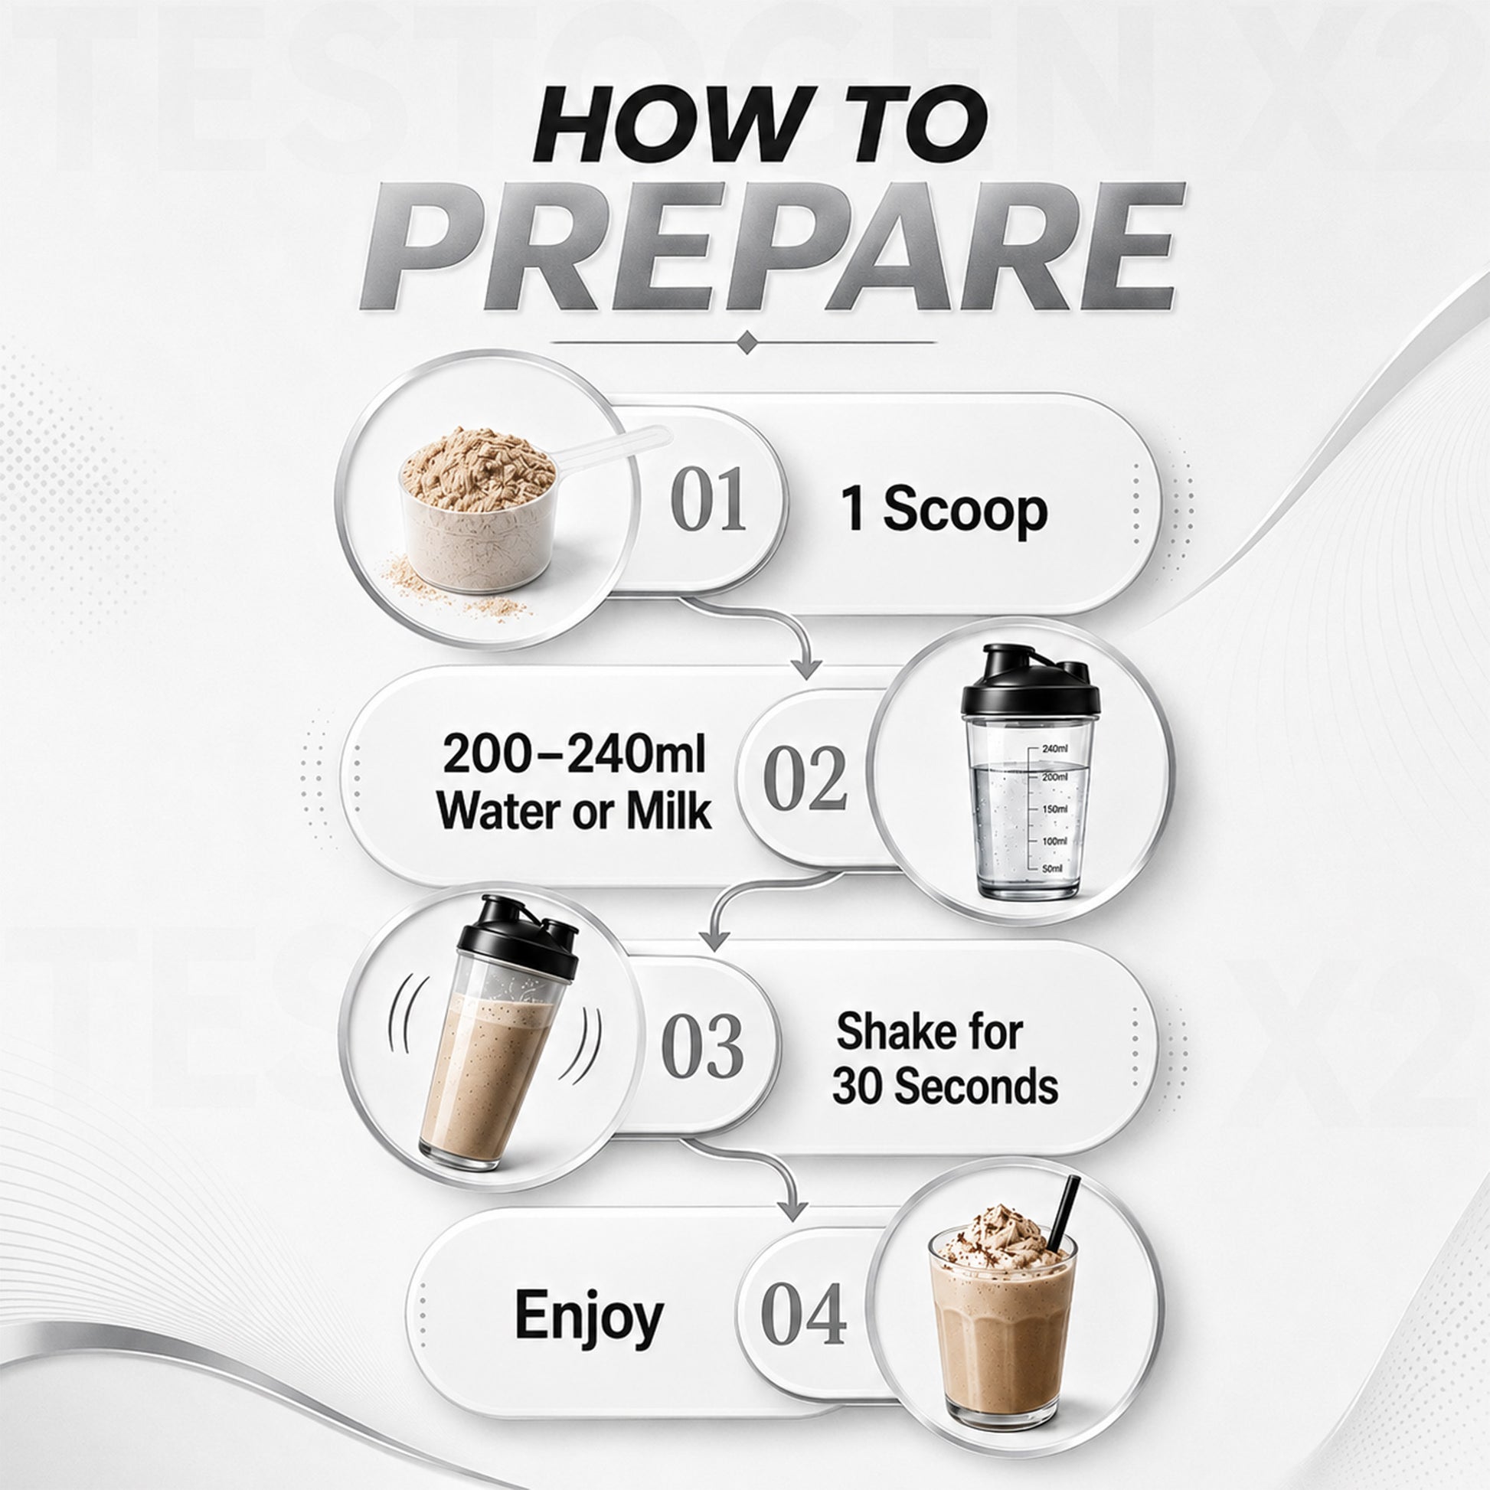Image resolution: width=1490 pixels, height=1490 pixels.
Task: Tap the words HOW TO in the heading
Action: click(x=760, y=123)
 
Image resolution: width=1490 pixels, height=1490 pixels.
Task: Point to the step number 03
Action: click(x=703, y=1047)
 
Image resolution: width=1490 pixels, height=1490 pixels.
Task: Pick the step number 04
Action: click(x=803, y=1315)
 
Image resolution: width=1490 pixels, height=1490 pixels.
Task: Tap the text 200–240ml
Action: click(x=574, y=753)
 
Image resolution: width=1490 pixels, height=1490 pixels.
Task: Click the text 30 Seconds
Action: click(x=945, y=1086)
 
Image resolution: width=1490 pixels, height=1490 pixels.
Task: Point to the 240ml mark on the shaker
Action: click(x=1054, y=748)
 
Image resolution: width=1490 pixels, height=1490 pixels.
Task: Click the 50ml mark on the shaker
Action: click(x=1052, y=868)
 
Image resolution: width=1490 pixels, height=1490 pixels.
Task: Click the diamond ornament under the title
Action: click(x=746, y=342)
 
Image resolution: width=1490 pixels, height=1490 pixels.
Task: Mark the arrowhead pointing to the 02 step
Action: click(x=807, y=668)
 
